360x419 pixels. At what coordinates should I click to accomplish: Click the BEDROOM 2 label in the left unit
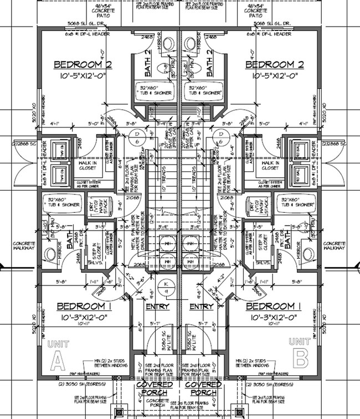tap(83, 65)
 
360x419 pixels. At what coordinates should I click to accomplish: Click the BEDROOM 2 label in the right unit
tap(276, 65)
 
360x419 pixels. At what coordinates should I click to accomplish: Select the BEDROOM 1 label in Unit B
tap(274, 306)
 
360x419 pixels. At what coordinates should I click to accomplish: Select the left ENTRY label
tap(157, 306)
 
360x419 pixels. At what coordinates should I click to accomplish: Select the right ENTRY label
tap(201, 306)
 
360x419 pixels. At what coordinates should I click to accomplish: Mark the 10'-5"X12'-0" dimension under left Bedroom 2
tap(83, 75)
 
